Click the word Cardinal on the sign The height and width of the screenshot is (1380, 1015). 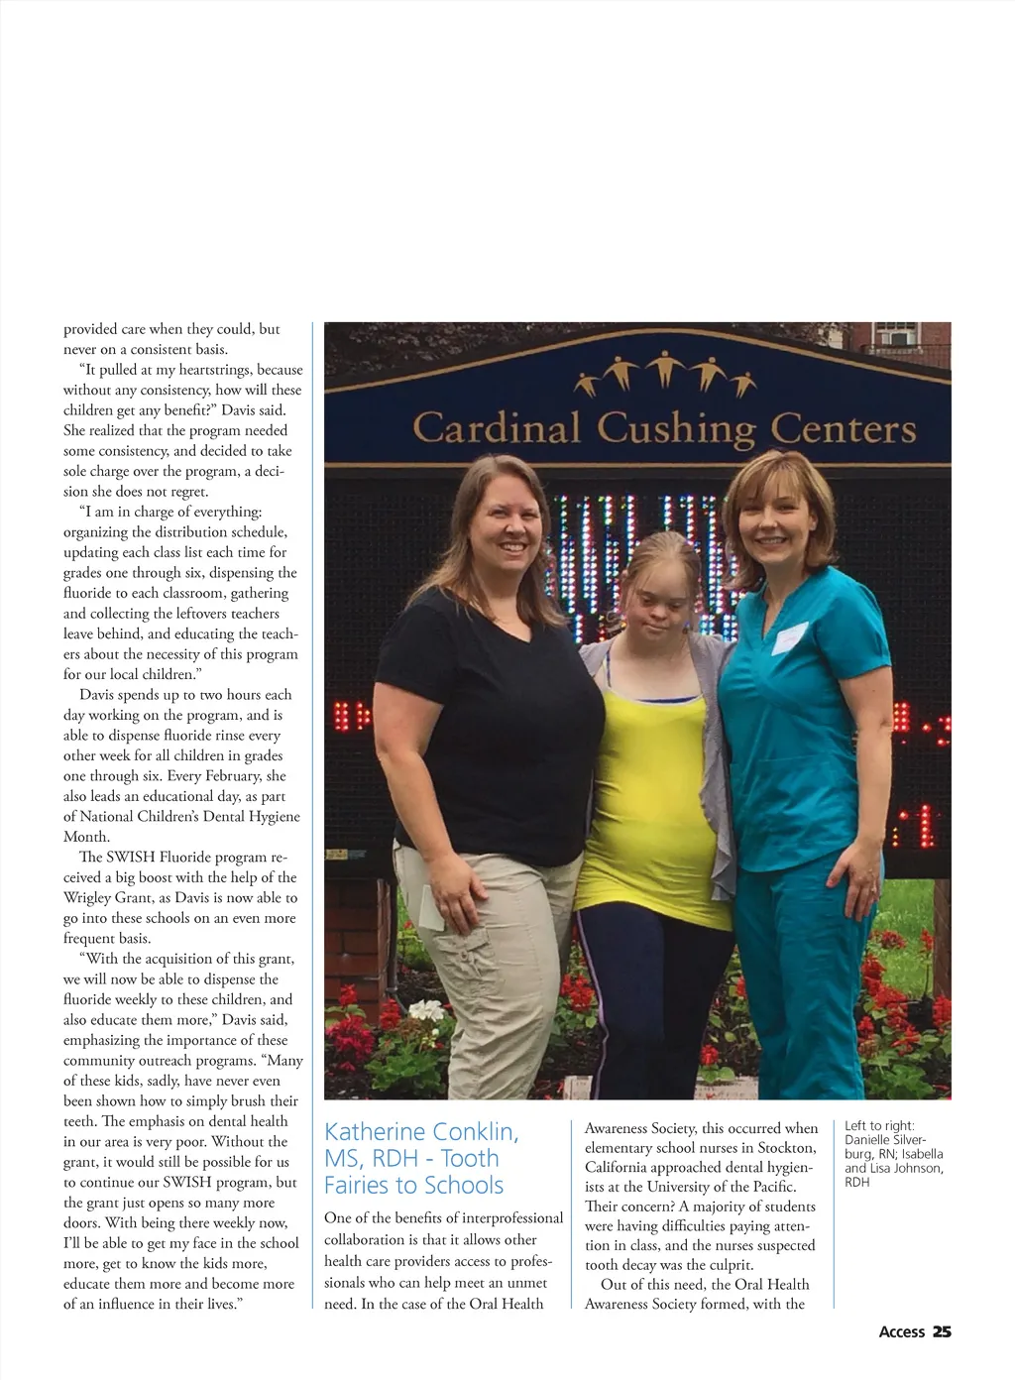(x=496, y=428)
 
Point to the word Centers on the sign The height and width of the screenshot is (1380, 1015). (x=843, y=428)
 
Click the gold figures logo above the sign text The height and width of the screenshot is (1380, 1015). (x=666, y=375)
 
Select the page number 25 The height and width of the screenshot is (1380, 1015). (x=942, y=1331)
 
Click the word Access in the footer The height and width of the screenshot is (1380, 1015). (x=901, y=1331)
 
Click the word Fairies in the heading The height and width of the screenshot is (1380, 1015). (x=364, y=1186)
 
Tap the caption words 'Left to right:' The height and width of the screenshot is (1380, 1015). (x=879, y=1126)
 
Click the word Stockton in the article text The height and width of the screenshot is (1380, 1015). (x=787, y=1148)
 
